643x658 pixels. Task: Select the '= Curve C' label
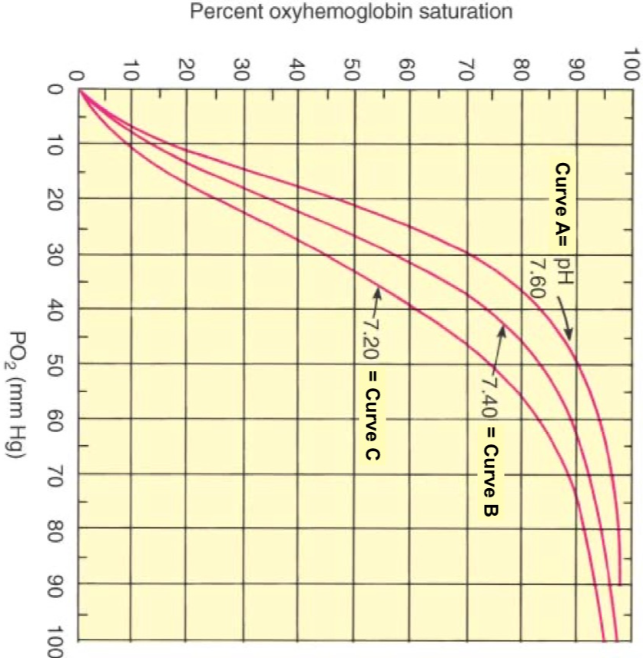371,416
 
